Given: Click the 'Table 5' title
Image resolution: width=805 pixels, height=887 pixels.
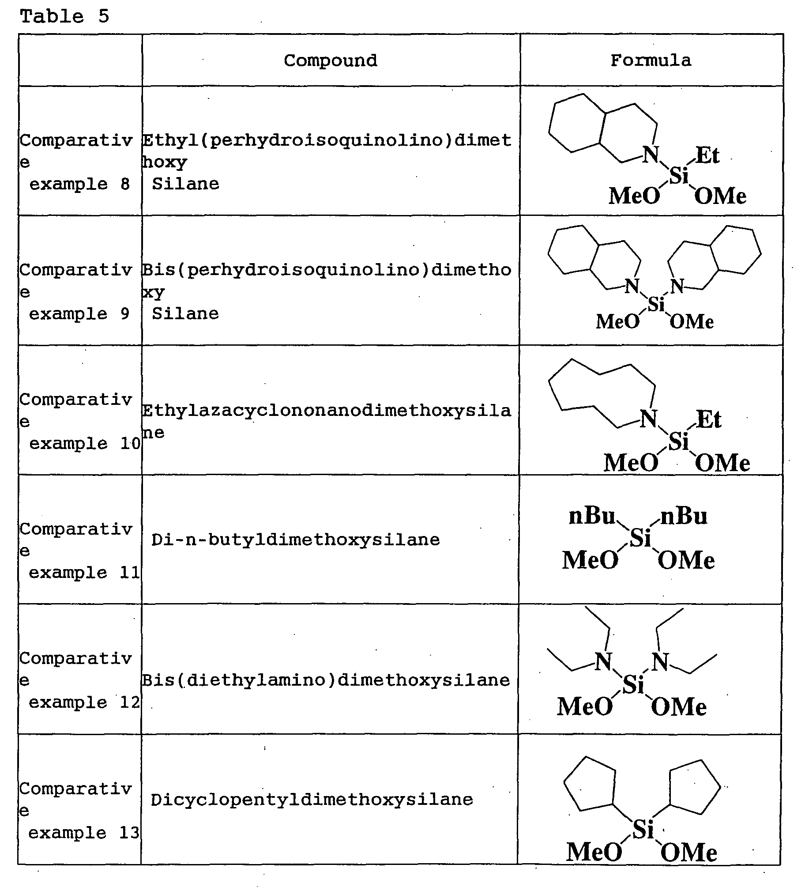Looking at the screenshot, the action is (x=64, y=16).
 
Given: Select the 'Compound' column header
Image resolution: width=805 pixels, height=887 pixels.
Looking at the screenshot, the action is (x=330, y=60).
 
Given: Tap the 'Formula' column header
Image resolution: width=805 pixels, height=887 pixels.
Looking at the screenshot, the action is (x=651, y=60).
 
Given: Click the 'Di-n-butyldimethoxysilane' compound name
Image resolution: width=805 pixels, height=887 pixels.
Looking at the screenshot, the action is (x=295, y=540).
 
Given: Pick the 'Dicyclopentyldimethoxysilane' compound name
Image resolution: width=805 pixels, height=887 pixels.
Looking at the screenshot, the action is (x=312, y=799).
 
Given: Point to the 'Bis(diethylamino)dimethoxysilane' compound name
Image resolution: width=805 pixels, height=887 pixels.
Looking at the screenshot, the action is (x=326, y=680).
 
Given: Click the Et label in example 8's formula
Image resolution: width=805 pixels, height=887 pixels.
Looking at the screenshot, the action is (x=707, y=155).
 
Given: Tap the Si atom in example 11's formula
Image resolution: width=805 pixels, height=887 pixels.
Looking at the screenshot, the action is (x=640, y=537).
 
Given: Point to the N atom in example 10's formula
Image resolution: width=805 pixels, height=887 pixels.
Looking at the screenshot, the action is (x=648, y=419).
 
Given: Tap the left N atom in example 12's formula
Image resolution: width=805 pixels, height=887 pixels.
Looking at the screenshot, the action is (x=603, y=661).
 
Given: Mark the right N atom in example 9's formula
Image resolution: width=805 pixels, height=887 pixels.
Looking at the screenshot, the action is (x=677, y=287).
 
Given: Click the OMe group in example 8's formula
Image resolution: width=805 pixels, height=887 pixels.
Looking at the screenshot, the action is (x=720, y=196).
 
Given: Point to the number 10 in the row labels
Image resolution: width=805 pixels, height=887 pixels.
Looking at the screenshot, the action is (x=130, y=443).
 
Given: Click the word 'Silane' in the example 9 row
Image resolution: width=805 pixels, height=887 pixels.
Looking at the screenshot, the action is (x=185, y=313).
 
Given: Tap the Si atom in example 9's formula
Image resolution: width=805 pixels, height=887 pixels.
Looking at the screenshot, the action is (x=656, y=304).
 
